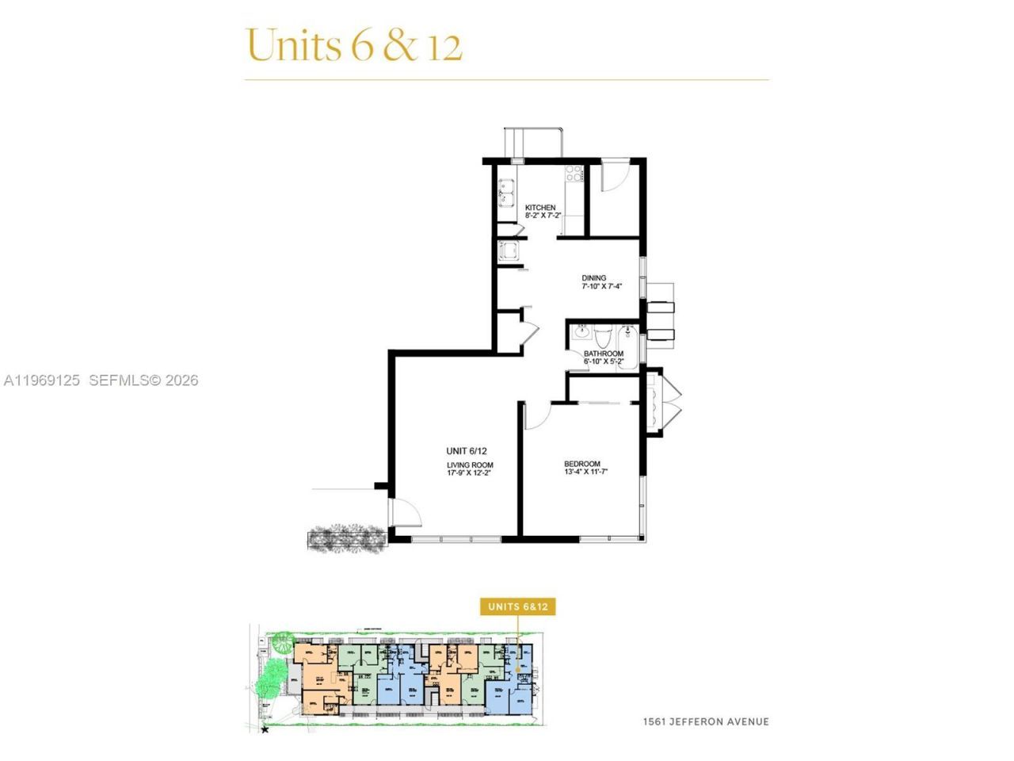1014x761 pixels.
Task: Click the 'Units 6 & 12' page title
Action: tap(353, 45)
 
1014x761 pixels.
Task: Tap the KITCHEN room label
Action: tap(540, 208)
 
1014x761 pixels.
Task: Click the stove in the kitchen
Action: tap(574, 174)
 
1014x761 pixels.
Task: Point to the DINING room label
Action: tap(593, 278)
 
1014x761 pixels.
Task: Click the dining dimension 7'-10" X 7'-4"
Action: tap(601, 287)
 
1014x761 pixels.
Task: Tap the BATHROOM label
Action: tap(603, 354)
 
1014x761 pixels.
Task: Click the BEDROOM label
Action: tap(581, 464)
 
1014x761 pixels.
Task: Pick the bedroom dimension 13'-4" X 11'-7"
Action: tap(585, 472)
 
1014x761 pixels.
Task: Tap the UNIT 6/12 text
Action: tap(467, 451)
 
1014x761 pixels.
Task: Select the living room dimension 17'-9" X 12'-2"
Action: tap(470, 473)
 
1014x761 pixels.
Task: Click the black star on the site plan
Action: tap(265, 728)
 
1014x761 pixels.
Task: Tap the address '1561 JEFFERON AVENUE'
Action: tap(705, 721)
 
